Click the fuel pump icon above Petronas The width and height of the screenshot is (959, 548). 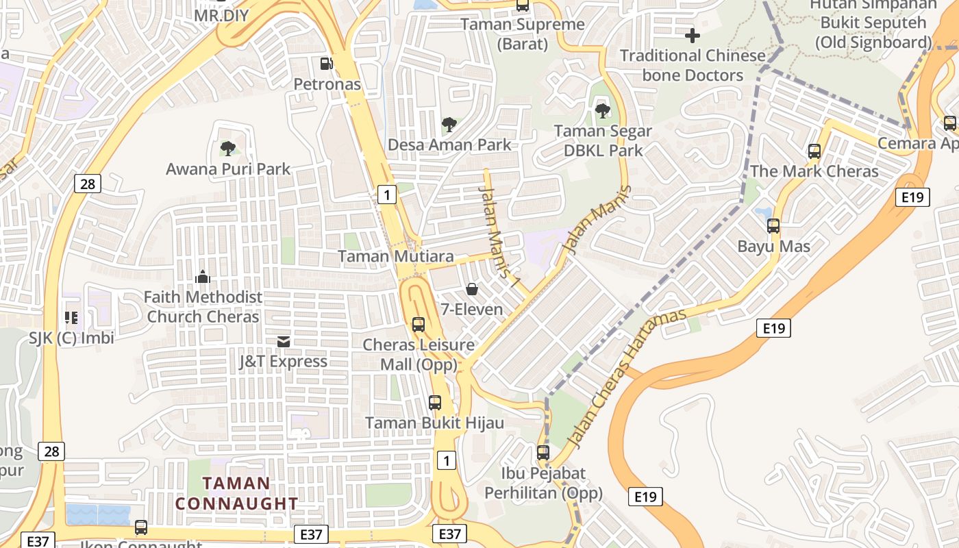pyautogui.click(x=327, y=64)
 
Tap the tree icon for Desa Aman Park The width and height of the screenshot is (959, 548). pyautogui.click(x=449, y=125)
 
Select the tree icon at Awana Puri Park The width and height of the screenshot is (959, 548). pyautogui.click(x=228, y=148)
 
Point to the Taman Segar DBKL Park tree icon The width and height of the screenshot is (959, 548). pyautogui.click(x=603, y=110)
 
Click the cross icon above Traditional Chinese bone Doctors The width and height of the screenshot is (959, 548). pyautogui.click(x=693, y=35)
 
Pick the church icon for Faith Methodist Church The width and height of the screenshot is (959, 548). pyautogui.click(x=203, y=277)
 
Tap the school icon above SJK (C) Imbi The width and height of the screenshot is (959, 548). pyautogui.click(x=71, y=317)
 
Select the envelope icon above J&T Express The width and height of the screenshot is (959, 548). pyautogui.click(x=283, y=341)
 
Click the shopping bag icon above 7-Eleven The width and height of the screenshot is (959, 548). pyautogui.click(x=472, y=289)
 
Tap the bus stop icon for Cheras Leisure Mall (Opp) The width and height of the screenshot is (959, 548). pyautogui.click(x=419, y=325)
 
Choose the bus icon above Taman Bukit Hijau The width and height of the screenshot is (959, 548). pyautogui.click(x=435, y=403)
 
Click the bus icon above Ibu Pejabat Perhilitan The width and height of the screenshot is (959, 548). pyautogui.click(x=543, y=453)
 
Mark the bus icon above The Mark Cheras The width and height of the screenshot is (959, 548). pyautogui.click(x=814, y=151)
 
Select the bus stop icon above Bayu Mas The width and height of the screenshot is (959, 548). pyautogui.click(x=773, y=226)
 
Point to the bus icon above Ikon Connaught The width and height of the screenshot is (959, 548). pyautogui.click(x=141, y=527)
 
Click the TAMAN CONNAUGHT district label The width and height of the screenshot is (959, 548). pyautogui.click(x=237, y=493)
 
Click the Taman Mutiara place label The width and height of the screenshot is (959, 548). pyautogui.click(x=396, y=256)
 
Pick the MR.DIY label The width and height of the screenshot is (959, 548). pyautogui.click(x=221, y=15)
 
